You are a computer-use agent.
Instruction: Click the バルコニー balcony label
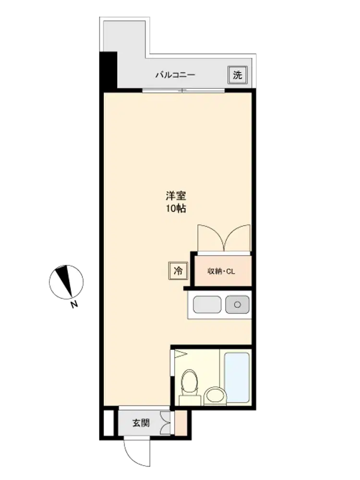[175, 75]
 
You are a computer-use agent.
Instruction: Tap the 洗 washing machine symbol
[237, 75]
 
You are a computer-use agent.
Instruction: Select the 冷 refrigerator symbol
[178, 271]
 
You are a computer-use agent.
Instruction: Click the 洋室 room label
[176, 195]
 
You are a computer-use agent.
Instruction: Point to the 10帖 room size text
[176, 208]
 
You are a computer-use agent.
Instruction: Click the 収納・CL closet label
[221, 271]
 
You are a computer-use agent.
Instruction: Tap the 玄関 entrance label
[141, 423]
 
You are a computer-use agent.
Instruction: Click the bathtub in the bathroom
[237, 377]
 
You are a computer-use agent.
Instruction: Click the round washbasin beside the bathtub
[215, 396]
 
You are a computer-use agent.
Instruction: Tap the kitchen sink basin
[207, 305]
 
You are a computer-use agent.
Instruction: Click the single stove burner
[237, 305]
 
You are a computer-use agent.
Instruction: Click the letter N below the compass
[74, 305]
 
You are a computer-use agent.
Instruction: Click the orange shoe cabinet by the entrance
[180, 423]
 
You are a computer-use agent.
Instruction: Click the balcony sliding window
[183, 90]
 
